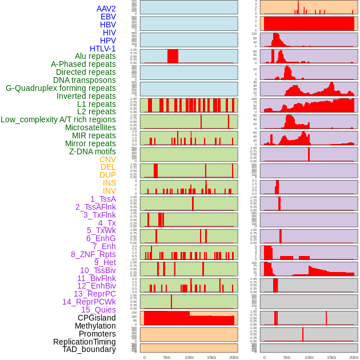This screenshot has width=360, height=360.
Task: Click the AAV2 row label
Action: click(x=106, y=9)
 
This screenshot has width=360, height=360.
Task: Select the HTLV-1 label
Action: click(x=102, y=49)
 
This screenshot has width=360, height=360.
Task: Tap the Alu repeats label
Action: click(x=95, y=56)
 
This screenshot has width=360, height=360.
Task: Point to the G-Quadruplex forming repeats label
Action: click(x=61, y=88)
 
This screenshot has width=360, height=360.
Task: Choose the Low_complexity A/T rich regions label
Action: click(x=58, y=119)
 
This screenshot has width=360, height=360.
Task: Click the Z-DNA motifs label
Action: click(x=92, y=151)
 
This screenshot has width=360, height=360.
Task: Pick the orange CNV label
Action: click(x=107, y=159)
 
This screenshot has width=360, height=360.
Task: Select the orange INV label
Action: click(x=109, y=191)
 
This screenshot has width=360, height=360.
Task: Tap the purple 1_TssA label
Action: click(x=103, y=199)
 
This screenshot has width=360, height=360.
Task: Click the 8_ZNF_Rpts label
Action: click(x=93, y=254)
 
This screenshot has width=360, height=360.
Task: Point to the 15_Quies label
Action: click(x=98, y=310)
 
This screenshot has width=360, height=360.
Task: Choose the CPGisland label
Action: click(x=97, y=318)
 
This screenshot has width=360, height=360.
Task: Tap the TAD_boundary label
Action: click(x=89, y=349)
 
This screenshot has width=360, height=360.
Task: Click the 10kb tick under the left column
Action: click(x=189, y=357)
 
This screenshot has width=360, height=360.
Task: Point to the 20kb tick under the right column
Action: click(x=354, y=357)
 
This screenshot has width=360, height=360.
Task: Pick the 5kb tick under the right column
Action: click(x=287, y=357)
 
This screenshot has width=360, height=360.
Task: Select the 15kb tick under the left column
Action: click(x=211, y=357)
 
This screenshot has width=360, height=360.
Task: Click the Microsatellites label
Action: click(x=90, y=127)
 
